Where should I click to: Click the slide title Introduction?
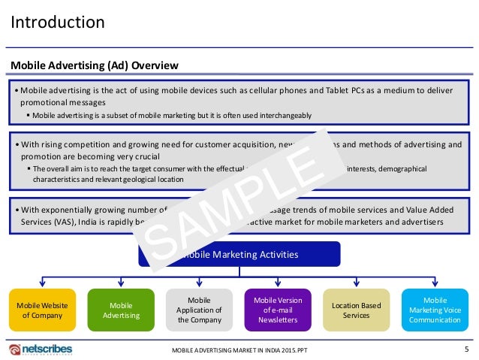click(x=57, y=22)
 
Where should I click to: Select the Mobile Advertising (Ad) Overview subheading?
click(x=95, y=65)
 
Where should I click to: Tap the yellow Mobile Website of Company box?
click(x=42, y=310)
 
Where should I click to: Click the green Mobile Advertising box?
click(x=121, y=310)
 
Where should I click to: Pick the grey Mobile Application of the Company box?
click(x=200, y=310)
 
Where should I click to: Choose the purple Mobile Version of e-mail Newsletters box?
click(x=277, y=310)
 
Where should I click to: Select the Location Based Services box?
click(x=357, y=310)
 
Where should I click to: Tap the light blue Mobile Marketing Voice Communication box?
click(x=435, y=310)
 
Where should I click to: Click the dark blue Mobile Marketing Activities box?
click(x=239, y=254)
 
